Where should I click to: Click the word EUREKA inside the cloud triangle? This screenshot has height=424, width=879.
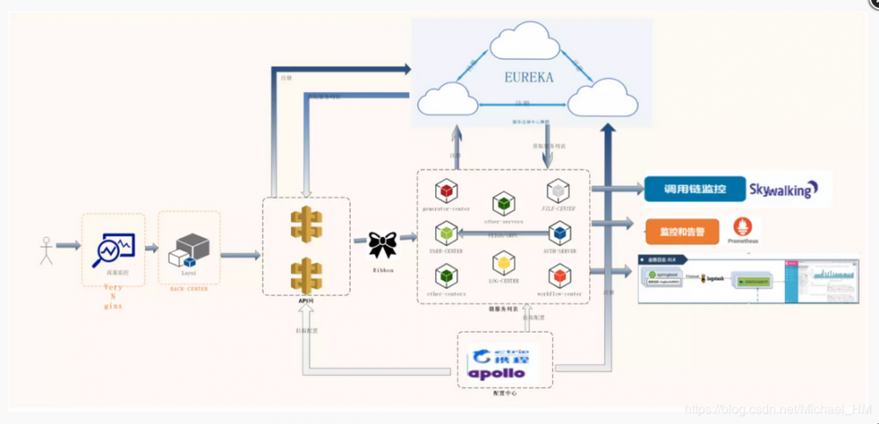(x=529, y=77)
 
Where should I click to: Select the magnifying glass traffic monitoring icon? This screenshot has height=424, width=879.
(x=113, y=248)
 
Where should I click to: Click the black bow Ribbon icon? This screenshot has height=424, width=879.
(x=383, y=244)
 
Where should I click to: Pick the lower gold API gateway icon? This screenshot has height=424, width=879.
(x=306, y=274)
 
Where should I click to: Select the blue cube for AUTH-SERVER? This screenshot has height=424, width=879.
(x=560, y=233)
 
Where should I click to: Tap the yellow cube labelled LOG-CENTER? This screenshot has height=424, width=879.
(x=503, y=262)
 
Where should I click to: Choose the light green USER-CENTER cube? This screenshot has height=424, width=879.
(x=447, y=233)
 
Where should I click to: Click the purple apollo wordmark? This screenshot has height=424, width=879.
(x=497, y=373)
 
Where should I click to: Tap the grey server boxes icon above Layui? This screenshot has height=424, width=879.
(x=190, y=249)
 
